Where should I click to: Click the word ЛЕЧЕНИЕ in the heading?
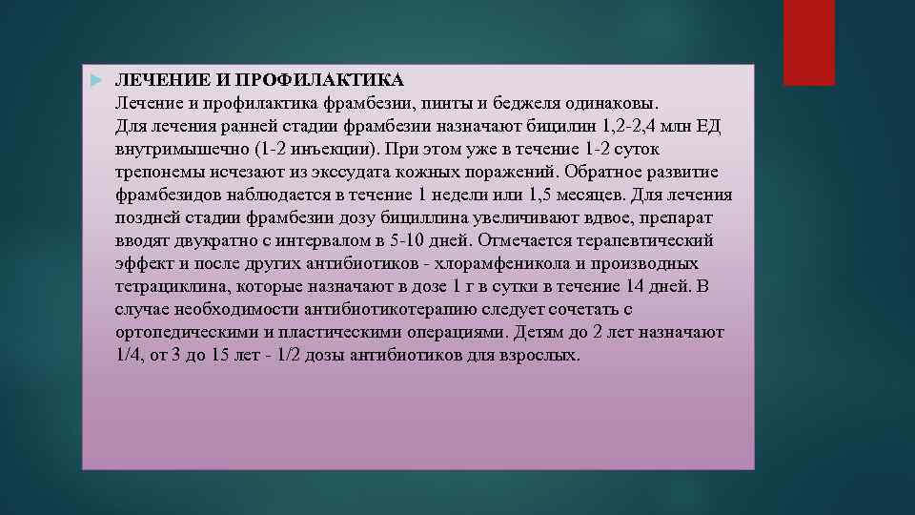click(152, 78)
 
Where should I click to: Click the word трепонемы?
click(157, 172)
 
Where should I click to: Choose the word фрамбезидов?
click(167, 195)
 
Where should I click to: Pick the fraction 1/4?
click(128, 356)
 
